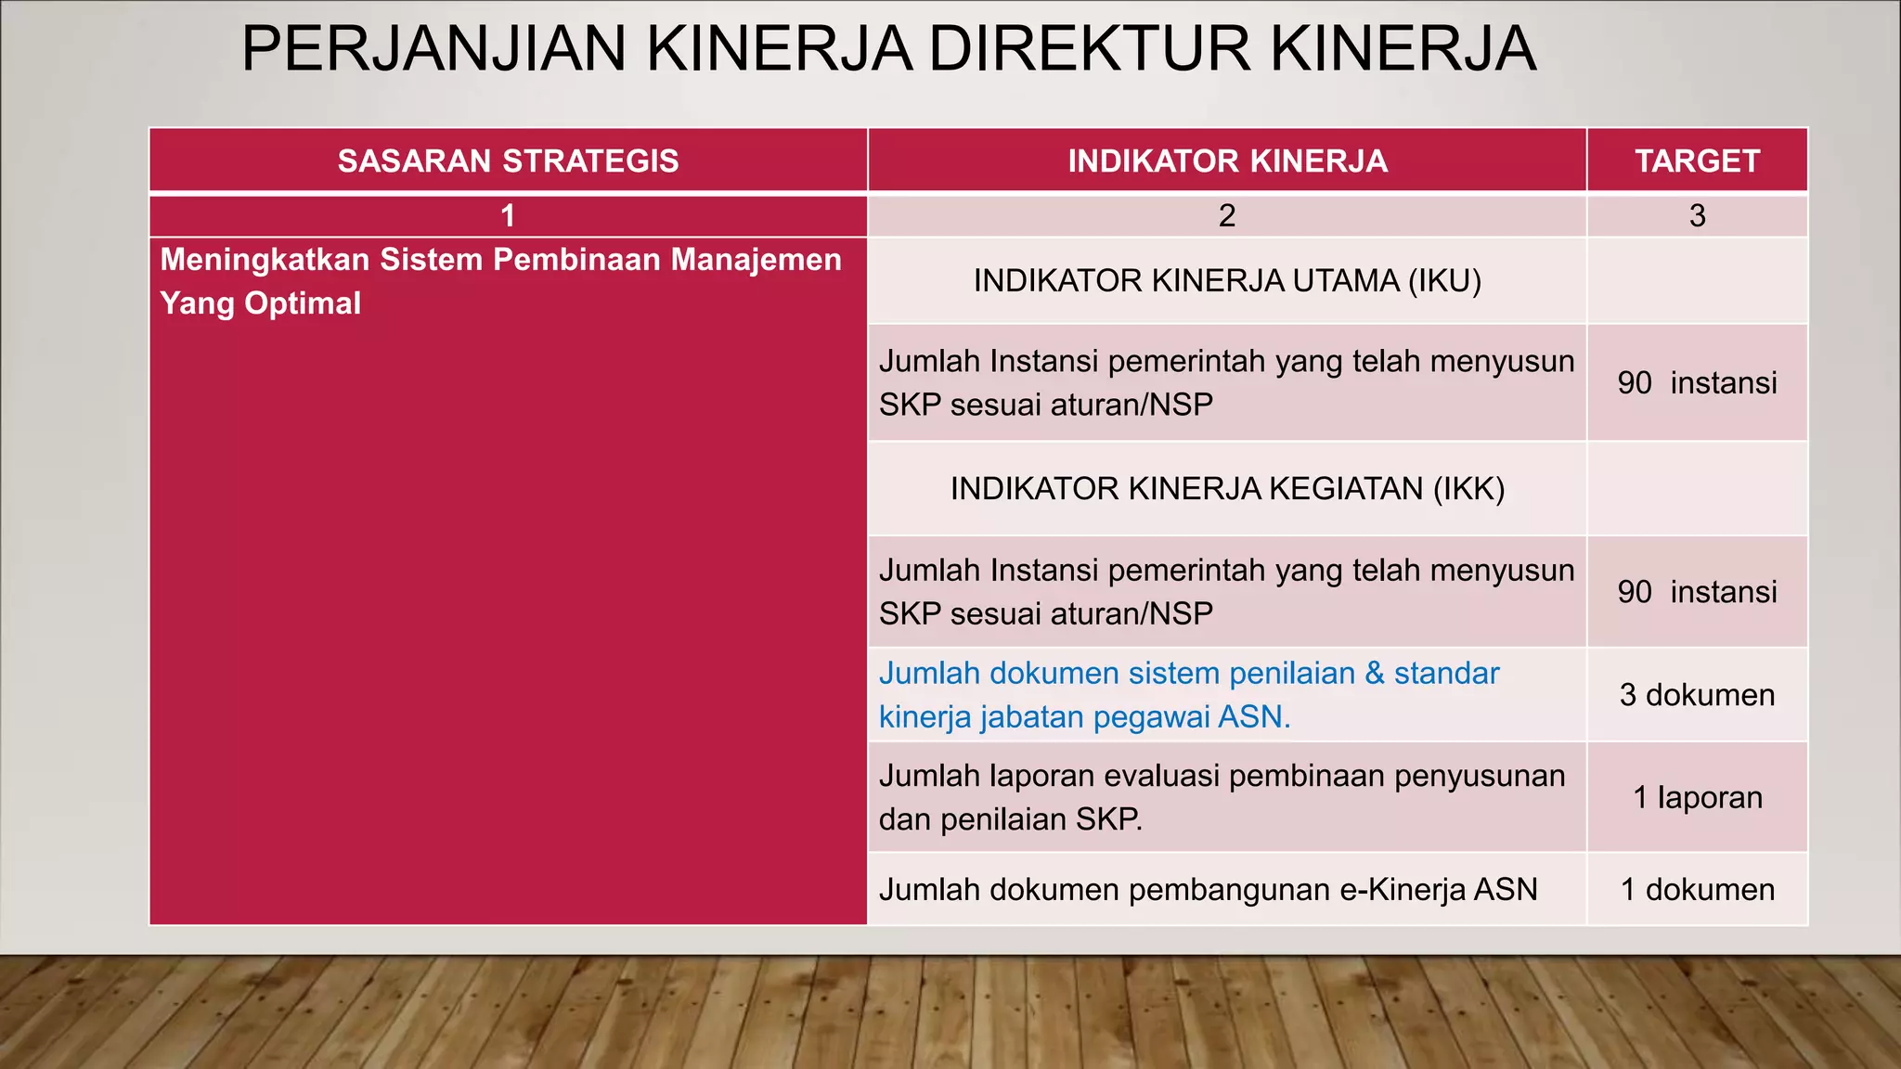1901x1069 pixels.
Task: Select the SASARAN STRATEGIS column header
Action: tap(508, 161)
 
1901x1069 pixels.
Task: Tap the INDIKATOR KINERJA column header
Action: tap(1227, 161)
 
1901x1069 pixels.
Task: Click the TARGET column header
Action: tap(1697, 161)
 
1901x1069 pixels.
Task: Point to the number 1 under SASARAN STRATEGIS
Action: tap(508, 216)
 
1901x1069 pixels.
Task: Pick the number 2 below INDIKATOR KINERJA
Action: tap(1227, 216)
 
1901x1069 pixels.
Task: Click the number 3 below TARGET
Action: tap(1697, 216)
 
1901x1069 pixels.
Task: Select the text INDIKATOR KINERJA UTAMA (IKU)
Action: tap(1227, 281)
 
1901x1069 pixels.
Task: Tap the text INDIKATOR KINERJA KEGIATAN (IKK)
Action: tap(1227, 489)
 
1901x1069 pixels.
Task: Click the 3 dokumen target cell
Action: tap(1697, 695)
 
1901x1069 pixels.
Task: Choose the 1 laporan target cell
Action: tap(1697, 798)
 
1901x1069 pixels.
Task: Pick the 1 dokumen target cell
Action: tap(1697, 890)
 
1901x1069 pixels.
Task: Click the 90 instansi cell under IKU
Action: tap(1697, 383)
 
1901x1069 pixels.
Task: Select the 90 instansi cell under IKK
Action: tap(1697, 592)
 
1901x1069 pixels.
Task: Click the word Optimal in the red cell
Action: tap(303, 303)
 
